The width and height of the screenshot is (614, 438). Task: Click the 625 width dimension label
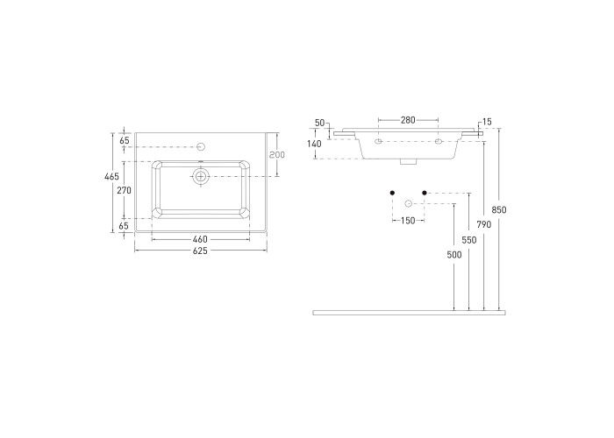tap(200, 251)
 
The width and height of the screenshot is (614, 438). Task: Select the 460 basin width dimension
tap(200, 239)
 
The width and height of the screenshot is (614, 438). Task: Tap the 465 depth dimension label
tap(111, 177)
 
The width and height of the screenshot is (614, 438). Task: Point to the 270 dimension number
tap(125, 190)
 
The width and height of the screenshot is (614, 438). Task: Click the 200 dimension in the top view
tap(277, 155)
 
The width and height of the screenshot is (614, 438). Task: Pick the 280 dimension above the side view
tap(408, 120)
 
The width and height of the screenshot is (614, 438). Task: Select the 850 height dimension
tap(499, 210)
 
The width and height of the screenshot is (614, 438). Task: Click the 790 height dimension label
tap(484, 224)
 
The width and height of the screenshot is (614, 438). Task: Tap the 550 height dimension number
tap(469, 240)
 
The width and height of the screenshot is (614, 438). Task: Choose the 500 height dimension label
tap(454, 255)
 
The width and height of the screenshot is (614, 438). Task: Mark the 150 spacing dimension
tap(408, 221)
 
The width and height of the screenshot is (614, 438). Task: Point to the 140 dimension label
tap(314, 144)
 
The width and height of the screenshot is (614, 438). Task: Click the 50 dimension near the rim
tap(320, 123)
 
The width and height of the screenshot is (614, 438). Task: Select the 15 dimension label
tap(487, 122)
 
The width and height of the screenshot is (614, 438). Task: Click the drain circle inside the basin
tap(201, 176)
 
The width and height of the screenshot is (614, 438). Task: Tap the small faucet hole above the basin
tap(201, 146)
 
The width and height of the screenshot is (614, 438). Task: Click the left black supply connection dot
tap(392, 193)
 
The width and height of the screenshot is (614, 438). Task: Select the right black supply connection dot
tap(425, 193)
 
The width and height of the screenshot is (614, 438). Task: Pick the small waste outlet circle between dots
tap(408, 203)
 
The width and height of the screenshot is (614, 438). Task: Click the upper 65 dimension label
tap(125, 141)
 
